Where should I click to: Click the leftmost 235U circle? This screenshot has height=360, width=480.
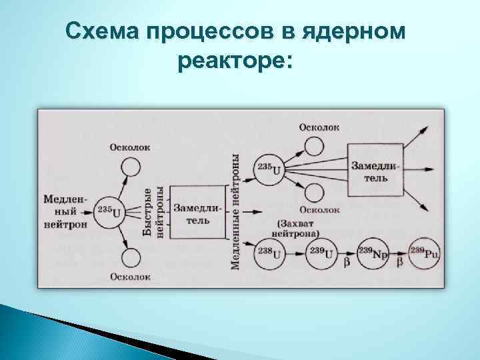coord(110,212)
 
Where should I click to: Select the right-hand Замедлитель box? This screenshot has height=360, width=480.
coord(374,169)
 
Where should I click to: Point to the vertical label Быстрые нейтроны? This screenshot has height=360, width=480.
coord(153,212)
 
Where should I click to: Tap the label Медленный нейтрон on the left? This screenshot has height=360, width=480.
coord(65,211)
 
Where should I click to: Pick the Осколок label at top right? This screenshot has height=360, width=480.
coord(319,127)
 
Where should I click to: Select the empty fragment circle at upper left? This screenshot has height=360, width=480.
coord(131,167)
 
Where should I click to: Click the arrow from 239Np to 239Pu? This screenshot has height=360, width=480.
coord(399,255)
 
